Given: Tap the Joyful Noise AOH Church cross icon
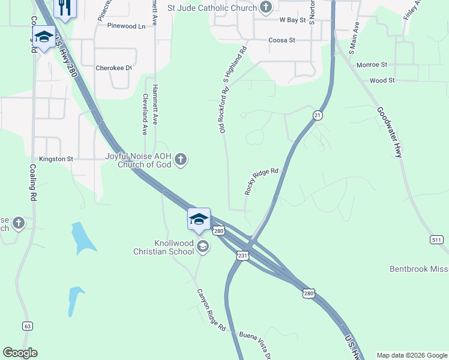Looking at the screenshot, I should point(181,160).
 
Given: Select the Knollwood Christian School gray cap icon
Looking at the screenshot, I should point(203,246).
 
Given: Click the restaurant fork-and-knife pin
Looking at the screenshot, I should point(65,7).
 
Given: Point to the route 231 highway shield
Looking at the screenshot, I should point(243,255).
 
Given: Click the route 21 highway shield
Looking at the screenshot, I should point(318,115).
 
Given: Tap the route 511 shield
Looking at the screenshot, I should point(436,240).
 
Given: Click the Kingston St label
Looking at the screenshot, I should point(56,159).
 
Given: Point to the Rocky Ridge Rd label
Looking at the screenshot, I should point(262,181).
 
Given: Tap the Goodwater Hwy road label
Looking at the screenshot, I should point(390,132).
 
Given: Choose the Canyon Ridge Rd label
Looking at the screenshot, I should point(211,310).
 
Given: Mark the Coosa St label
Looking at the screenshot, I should point(282,40).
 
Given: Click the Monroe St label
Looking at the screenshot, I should point(372,64).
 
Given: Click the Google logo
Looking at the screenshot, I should point(20,353).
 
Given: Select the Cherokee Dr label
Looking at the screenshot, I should point(113,68).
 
